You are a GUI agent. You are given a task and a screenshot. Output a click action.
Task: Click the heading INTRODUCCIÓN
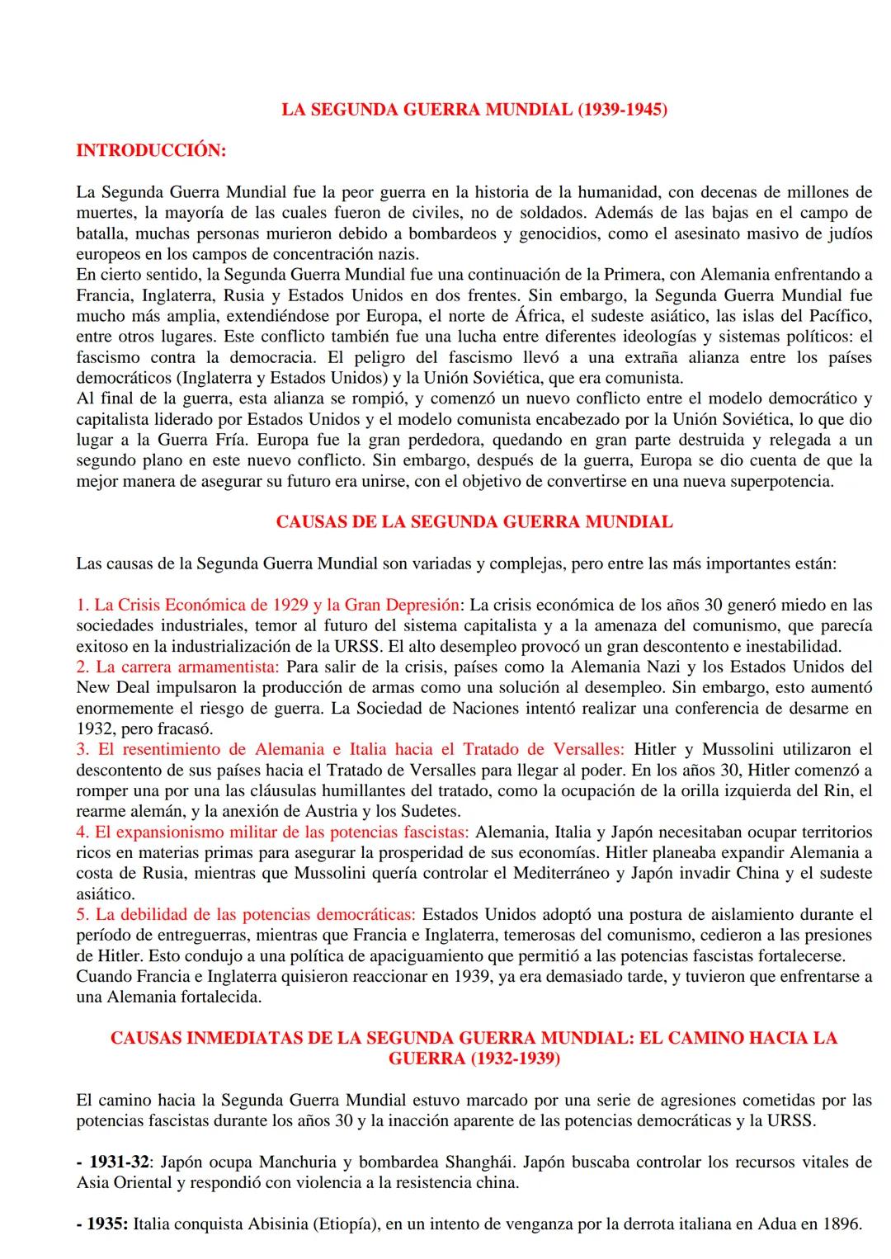(151, 150)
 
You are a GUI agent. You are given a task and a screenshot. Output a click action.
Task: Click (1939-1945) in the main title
(622, 109)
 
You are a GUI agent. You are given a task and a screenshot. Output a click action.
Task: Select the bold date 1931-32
(118, 1162)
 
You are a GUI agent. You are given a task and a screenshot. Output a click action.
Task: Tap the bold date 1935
(108, 1224)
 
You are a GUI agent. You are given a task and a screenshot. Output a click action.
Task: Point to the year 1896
(841, 1224)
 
